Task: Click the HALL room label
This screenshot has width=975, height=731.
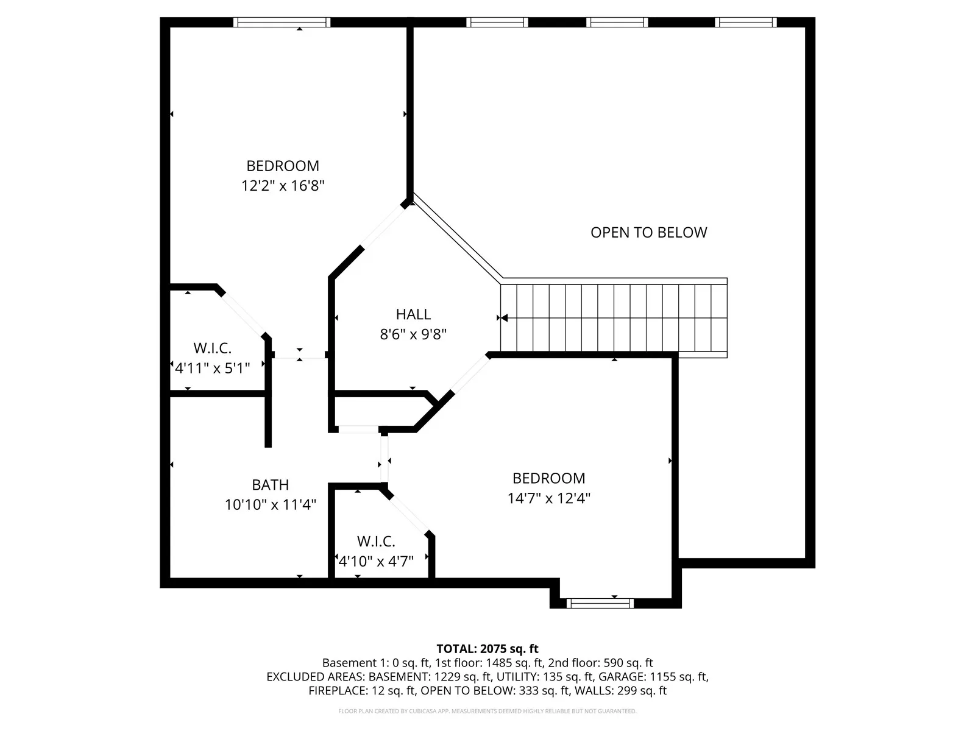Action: coord(413,314)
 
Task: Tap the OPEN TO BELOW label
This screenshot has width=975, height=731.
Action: coord(648,233)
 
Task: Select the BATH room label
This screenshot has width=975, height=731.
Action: coord(270,485)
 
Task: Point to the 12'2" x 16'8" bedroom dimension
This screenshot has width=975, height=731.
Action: coord(283,186)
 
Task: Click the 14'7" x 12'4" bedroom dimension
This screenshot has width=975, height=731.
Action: coord(549,498)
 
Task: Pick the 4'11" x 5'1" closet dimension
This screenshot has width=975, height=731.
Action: coord(212,368)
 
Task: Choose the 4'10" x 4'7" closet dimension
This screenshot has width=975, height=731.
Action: coord(376,561)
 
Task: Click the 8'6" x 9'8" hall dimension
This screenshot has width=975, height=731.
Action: coord(413,334)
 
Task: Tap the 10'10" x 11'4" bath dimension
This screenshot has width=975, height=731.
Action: coord(270,504)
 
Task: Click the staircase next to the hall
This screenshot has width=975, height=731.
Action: coord(614,318)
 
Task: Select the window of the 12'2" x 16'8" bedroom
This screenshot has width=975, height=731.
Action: coord(282,22)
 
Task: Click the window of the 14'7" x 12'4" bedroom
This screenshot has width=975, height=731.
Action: coord(600,603)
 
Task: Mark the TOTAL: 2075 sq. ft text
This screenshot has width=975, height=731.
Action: coord(487,649)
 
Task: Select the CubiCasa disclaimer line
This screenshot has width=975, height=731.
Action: coord(487,712)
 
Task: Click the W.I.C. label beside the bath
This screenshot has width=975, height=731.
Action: coord(376,542)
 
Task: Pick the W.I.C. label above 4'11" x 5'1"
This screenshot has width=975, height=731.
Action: coord(212,348)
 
